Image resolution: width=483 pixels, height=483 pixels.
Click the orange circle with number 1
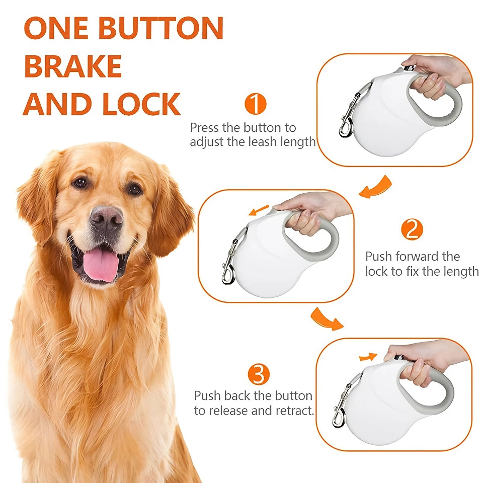coord(255,104)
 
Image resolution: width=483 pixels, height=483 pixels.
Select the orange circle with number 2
coord(412,230)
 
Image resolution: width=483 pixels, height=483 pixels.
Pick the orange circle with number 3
coord(259,374)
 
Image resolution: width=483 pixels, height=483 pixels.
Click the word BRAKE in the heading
coord(73,66)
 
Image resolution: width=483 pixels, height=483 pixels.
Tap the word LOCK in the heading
coord(141,104)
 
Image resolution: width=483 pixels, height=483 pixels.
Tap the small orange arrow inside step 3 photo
coord(368,357)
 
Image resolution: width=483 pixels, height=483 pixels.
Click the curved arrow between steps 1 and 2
coord(376,187)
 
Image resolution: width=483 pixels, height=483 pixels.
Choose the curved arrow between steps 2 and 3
coord(326,319)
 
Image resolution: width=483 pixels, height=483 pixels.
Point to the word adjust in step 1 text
coord(207,142)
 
